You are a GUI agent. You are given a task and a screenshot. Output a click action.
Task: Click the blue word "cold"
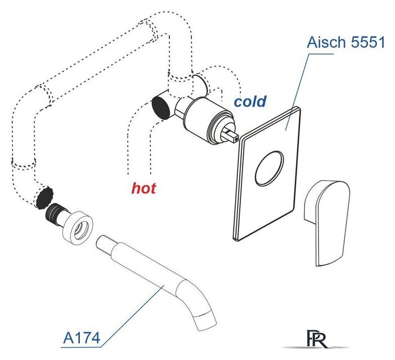point(250,101)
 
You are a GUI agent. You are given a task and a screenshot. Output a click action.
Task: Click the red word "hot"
point(143,188)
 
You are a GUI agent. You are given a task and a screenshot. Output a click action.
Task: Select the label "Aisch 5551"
point(345,42)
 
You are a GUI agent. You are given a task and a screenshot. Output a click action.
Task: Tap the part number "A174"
point(82,338)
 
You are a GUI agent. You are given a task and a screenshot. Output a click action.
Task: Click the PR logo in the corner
point(316,339)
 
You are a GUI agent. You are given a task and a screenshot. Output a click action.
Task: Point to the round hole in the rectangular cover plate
point(270,168)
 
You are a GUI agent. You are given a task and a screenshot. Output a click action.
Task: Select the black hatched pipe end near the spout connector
point(44,197)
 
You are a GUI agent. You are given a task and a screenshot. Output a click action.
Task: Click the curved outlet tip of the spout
point(205,321)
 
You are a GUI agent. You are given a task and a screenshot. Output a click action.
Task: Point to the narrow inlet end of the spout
point(104,244)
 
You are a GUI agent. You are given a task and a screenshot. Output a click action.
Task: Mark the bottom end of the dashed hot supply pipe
point(140,174)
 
